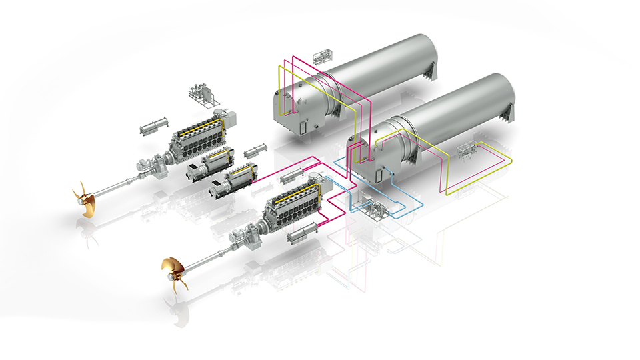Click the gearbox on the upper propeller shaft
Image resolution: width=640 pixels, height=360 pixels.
pos(155,163)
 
